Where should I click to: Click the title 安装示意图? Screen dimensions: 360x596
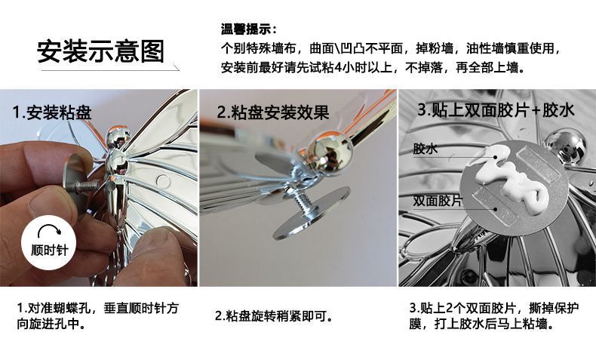pos(101,51)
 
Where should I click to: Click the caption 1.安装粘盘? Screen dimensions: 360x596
pos(52,113)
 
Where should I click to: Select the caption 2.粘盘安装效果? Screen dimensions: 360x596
pos(273,113)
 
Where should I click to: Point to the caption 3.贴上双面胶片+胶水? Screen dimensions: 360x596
pos(496,110)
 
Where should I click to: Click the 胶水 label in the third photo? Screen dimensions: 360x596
pos(425,149)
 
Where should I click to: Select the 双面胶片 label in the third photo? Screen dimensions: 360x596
pos(437,202)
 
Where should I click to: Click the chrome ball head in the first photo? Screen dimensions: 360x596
pos(118,139)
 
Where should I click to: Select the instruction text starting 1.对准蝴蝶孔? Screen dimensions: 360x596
pos(97,317)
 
